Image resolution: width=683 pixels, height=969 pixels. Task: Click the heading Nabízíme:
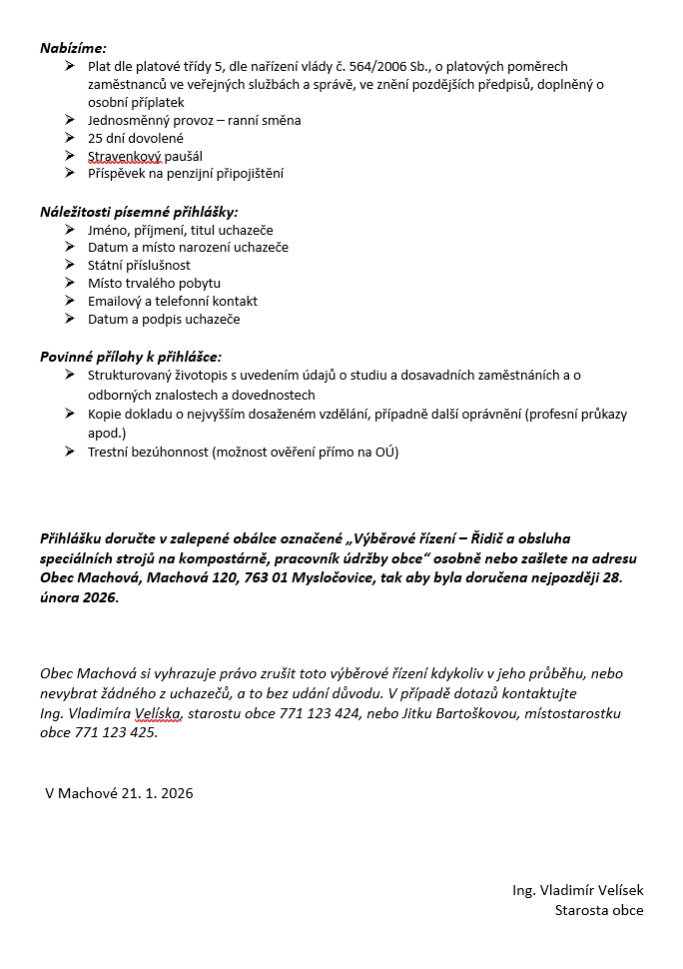click(73, 47)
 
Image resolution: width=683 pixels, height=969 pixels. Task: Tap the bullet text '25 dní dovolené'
click(136, 138)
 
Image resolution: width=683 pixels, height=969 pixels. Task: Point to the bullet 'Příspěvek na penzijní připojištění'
click(186, 174)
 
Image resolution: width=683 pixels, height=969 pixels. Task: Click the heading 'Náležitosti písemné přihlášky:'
click(139, 212)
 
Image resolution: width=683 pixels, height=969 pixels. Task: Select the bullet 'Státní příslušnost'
click(139, 265)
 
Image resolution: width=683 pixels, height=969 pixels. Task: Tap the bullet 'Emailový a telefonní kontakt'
click(173, 301)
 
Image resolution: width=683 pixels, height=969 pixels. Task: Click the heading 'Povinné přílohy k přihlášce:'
click(131, 356)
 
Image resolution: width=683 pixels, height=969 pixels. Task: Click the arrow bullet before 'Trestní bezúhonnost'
click(69, 451)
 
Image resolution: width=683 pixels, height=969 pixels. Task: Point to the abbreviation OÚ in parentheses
click(382, 452)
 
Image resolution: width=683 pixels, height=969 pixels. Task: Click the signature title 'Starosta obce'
click(599, 909)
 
